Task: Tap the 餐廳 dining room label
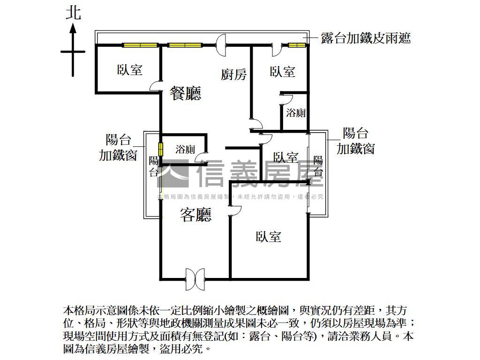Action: [185, 93]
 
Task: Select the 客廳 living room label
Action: [196, 215]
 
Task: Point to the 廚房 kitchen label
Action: [234, 74]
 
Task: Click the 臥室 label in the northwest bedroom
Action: [130, 70]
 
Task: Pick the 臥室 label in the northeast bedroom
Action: [283, 72]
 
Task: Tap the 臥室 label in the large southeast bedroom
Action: [269, 237]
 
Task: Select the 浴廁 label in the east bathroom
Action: [296, 112]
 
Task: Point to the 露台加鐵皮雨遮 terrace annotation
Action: [366, 38]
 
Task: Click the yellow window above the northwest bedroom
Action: [139, 45]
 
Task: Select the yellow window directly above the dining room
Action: [185, 45]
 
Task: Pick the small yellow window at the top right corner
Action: [296, 45]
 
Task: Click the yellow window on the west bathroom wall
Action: [161, 150]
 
